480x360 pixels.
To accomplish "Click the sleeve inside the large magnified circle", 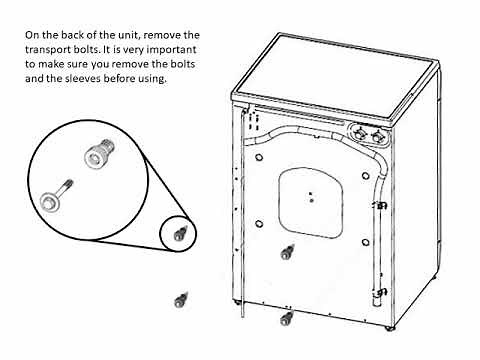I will coord(95,154).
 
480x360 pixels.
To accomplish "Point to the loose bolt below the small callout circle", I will coord(181,298).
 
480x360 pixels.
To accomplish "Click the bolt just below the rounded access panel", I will coord(287,250).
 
